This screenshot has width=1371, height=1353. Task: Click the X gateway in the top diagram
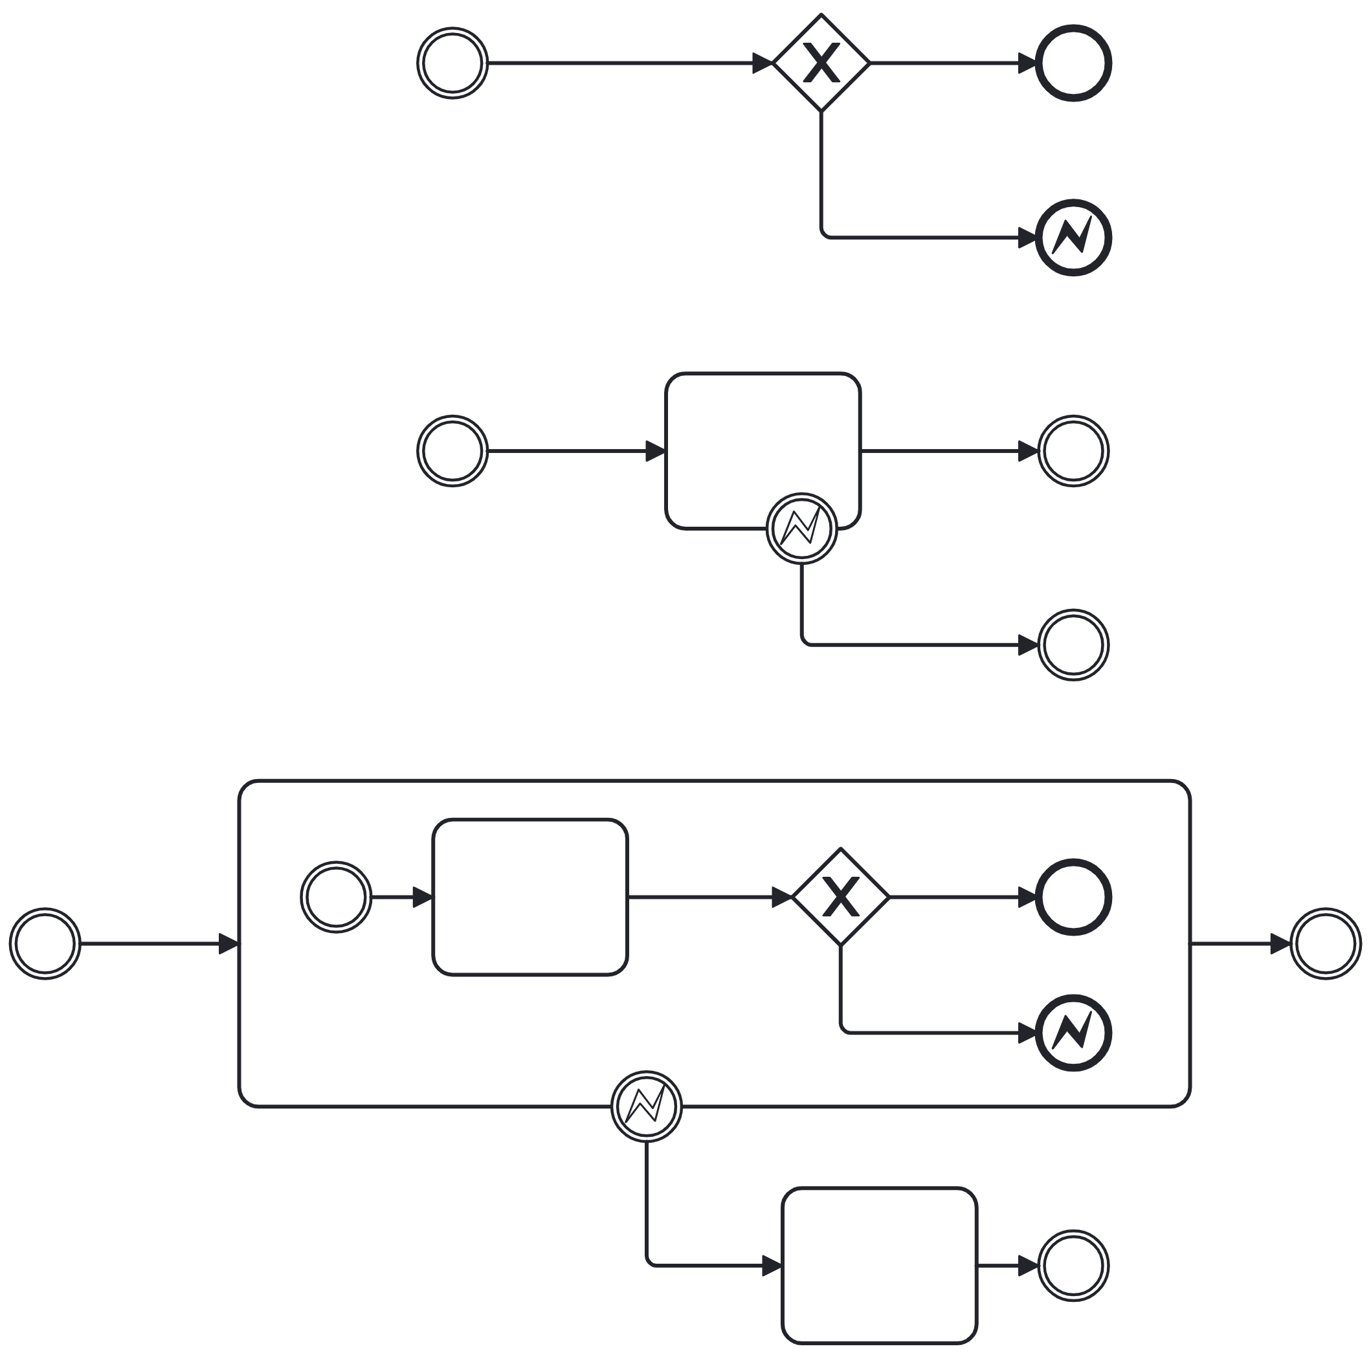821,63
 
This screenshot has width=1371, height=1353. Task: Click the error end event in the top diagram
1073,237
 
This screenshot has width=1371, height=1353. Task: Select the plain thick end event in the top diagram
1073,63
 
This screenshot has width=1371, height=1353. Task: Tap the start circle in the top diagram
452,63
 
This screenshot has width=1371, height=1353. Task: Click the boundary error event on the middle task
802,529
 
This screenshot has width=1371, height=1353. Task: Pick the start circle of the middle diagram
452,450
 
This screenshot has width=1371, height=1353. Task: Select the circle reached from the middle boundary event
1073,645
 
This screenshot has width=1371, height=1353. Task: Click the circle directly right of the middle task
1073,450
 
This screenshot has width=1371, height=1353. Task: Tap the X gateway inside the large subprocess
840,897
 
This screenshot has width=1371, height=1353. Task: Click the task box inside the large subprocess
530,897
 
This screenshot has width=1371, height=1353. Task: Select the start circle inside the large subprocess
337,897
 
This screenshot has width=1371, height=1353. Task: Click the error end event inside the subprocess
1073,1033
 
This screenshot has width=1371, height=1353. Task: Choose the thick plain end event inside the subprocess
1073,897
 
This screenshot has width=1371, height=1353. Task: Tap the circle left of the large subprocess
45,943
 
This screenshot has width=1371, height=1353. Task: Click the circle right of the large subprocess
1325,943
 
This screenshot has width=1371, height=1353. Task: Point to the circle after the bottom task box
1073,1266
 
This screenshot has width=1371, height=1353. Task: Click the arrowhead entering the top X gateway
762,63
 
